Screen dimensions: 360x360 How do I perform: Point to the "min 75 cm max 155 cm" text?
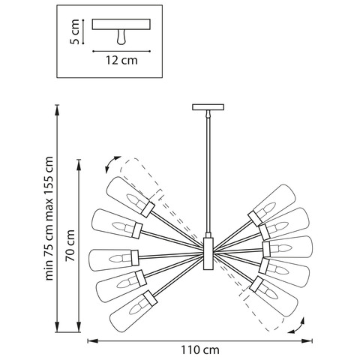click(49, 217)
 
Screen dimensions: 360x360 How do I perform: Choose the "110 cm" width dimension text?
click(199, 349)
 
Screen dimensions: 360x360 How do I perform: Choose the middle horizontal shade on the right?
click(289, 247)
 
